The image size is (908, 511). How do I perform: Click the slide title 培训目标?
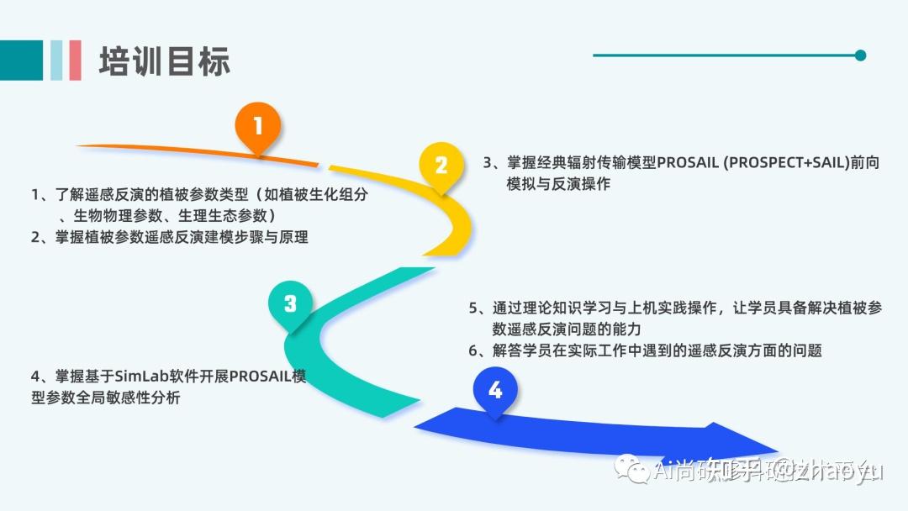pyautogui.click(x=164, y=61)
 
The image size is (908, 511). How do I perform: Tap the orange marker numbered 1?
pyautogui.click(x=258, y=127)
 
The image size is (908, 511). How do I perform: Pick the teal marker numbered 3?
pyautogui.click(x=290, y=303)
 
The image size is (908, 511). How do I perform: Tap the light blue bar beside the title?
pyautogui.click(x=57, y=61)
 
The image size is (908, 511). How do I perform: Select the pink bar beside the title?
pyautogui.click(x=76, y=61)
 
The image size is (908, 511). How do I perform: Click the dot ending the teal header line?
pyautogui.click(x=860, y=55)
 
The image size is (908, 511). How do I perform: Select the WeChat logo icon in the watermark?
pyautogui.click(x=630, y=469)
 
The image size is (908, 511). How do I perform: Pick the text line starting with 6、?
pyautogui.click(x=645, y=350)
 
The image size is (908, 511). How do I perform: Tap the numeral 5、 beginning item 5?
pyautogui.click(x=479, y=308)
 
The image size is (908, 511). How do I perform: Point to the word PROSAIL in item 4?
pyautogui.click(x=260, y=377)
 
